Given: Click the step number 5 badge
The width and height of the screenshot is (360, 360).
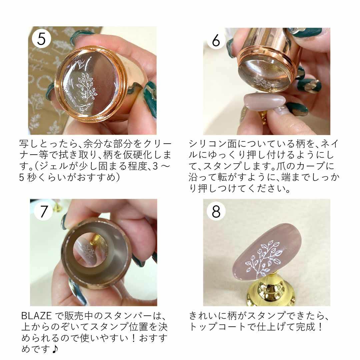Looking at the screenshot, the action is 41,39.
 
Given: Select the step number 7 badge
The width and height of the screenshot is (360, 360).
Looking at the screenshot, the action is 44,211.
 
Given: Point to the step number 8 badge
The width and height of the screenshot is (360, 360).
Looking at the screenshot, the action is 216,211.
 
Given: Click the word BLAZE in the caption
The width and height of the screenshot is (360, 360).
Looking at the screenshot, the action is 36,316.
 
